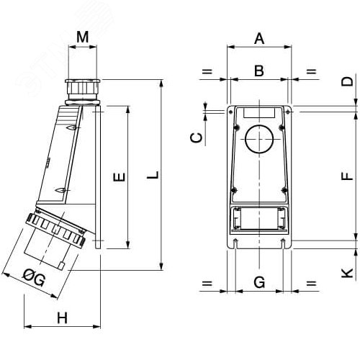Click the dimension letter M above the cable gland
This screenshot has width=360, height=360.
tap(83, 36)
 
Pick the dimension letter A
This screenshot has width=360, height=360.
tap(259, 39)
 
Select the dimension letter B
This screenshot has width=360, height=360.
tap(259, 71)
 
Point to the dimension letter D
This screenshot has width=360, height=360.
tap(347, 81)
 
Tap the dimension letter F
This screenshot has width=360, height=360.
tap(347, 175)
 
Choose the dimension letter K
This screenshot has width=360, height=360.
tap(347, 273)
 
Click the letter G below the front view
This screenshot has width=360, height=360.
tap(259, 283)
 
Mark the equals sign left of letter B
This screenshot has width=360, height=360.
tap(207, 71)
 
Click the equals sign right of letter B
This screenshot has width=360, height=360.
tap(312, 71)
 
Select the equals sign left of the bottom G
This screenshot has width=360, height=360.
tap(207, 283)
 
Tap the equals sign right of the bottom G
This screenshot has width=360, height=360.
tap(312, 283)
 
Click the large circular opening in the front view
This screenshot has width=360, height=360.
tap(259, 139)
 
